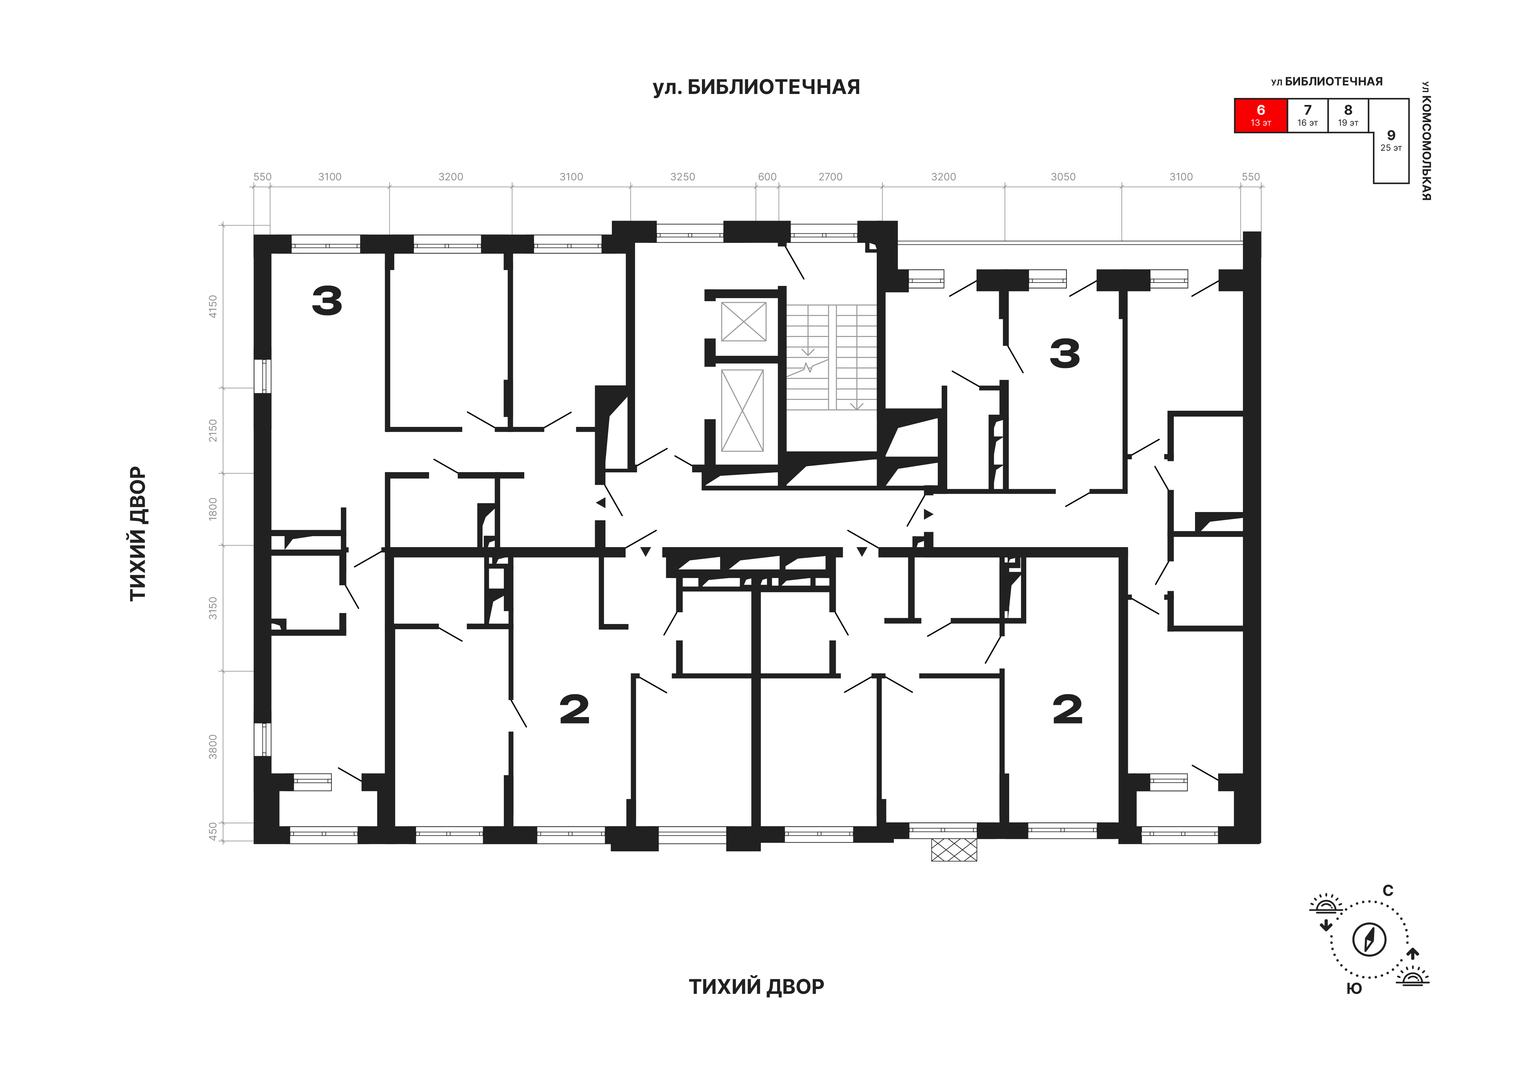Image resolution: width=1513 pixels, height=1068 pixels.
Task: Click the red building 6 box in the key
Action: pyautogui.click(x=1261, y=116)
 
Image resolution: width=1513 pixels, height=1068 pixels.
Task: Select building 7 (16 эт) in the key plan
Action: pyautogui.click(x=1307, y=116)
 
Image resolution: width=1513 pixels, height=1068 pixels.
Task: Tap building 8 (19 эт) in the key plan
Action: pyautogui.click(x=1348, y=116)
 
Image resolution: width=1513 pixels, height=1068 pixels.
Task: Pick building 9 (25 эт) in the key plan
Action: pyautogui.click(x=1390, y=141)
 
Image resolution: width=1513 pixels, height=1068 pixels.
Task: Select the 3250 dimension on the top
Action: pyautogui.click(x=683, y=177)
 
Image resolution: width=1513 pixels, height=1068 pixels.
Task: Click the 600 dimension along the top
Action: pyautogui.click(x=767, y=177)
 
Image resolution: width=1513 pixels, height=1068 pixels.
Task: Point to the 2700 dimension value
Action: pyautogui.click(x=830, y=177)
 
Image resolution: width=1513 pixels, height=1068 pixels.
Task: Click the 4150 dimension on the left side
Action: pyautogui.click(x=212, y=306)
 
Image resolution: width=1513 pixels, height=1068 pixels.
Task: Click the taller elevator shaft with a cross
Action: pyautogui.click(x=743, y=410)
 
